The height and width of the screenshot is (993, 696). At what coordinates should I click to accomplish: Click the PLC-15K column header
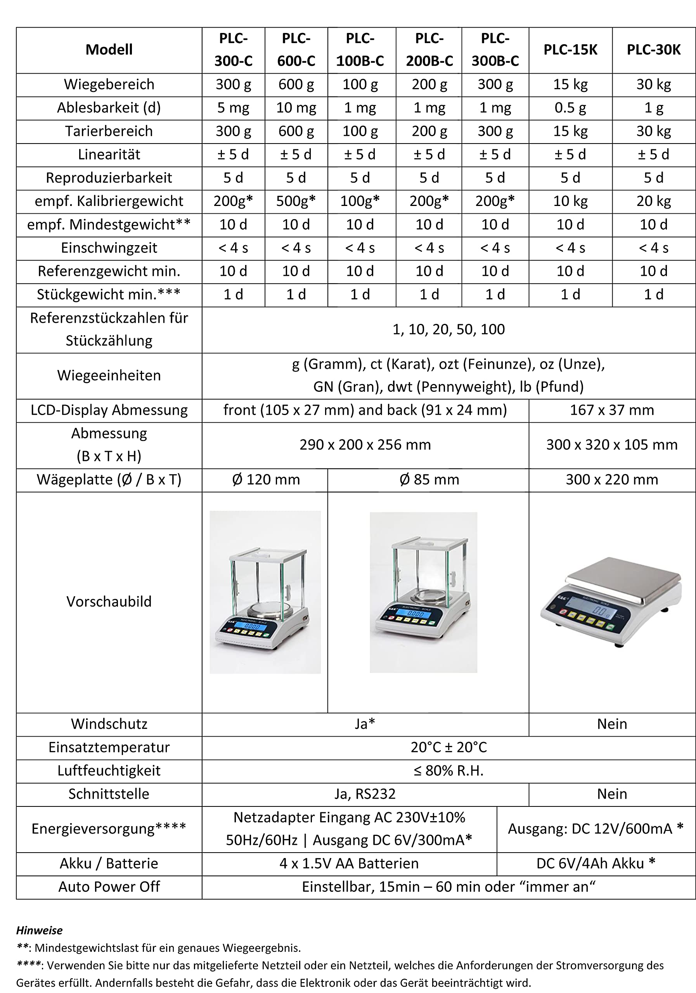click(x=570, y=50)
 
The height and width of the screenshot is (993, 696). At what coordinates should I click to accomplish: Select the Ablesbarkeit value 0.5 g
click(x=570, y=108)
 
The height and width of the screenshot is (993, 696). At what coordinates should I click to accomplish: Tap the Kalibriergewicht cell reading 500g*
click(x=296, y=201)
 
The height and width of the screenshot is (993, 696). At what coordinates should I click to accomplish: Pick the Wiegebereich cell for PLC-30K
click(x=653, y=84)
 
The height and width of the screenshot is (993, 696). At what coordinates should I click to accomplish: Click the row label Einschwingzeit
click(x=109, y=248)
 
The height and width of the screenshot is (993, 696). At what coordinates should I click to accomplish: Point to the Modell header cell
click(x=109, y=50)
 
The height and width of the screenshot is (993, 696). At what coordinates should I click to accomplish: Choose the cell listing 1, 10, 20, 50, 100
click(x=448, y=330)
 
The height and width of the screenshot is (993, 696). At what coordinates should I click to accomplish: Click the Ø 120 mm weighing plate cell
click(x=265, y=480)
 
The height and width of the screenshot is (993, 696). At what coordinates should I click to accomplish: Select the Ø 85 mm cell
click(x=428, y=480)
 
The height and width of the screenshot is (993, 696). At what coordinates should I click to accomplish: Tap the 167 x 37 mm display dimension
click(x=612, y=410)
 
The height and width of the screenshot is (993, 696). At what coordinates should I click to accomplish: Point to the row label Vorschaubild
click(x=109, y=602)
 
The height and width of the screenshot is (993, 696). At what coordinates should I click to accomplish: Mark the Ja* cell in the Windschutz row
click(x=365, y=724)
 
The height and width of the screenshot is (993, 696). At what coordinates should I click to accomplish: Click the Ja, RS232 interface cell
click(x=365, y=794)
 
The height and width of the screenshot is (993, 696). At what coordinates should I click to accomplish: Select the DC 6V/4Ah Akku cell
click(x=596, y=864)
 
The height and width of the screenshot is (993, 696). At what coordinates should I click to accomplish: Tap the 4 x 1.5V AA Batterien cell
click(x=349, y=864)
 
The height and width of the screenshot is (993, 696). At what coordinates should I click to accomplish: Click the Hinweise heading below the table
click(x=39, y=930)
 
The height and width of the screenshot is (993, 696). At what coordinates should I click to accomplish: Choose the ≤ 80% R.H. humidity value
click(x=448, y=771)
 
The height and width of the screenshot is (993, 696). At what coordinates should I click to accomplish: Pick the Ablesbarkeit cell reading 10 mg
click(x=296, y=108)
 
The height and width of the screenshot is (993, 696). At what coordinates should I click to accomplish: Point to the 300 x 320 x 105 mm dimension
click(x=612, y=445)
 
